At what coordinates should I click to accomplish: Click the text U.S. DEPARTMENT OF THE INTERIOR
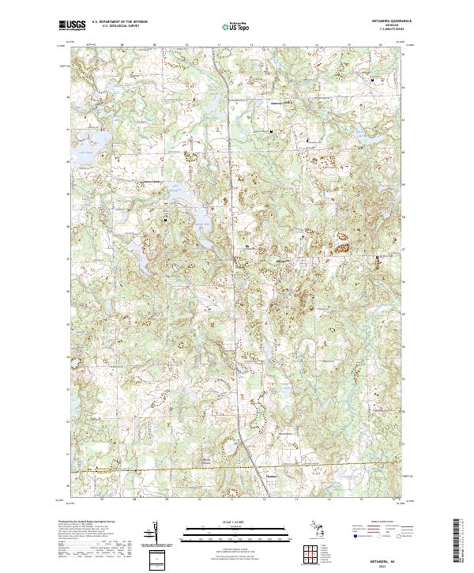tap(119, 22)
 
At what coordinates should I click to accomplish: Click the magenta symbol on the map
tap(248, 246)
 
